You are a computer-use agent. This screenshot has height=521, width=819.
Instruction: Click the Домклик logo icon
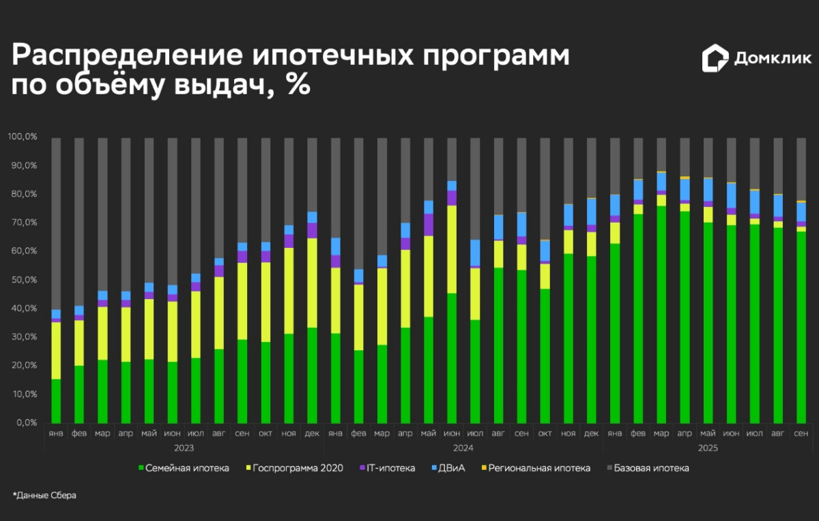click(715, 58)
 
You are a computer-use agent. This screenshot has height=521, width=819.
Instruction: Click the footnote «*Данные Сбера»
click(44, 495)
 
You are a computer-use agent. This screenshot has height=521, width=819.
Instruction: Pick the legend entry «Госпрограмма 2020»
click(298, 468)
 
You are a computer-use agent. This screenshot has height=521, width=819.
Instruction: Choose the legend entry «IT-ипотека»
click(391, 468)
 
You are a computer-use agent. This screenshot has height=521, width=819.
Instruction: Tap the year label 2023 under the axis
click(184, 448)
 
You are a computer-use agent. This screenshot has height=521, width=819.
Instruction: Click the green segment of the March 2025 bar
click(661, 314)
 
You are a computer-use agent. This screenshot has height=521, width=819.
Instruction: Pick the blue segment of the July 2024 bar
click(475, 253)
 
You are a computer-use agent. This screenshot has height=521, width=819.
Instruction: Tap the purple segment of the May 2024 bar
click(429, 225)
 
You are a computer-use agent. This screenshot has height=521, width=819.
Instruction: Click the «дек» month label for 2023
click(312, 434)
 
